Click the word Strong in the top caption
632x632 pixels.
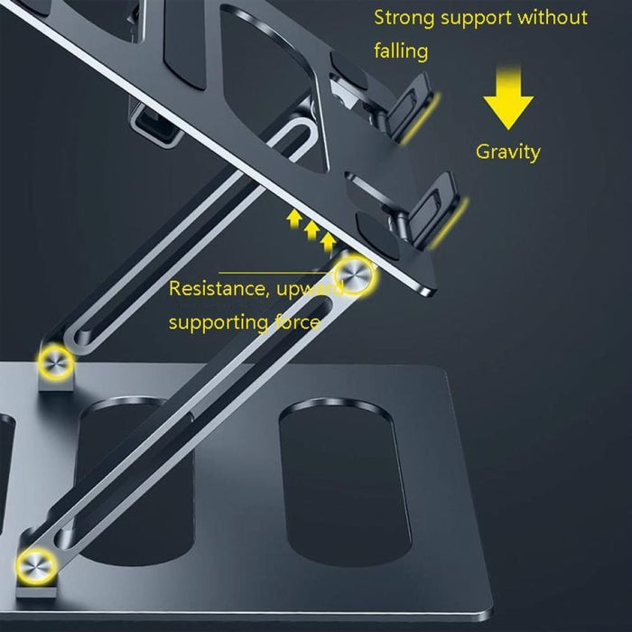point(404,17)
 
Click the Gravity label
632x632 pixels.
point(507,152)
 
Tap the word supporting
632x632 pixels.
point(215,322)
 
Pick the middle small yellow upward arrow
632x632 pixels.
point(311,230)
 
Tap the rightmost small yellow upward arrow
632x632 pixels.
point(329,241)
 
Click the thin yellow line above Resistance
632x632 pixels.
point(271,272)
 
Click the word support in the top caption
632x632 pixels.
point(487,17)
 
